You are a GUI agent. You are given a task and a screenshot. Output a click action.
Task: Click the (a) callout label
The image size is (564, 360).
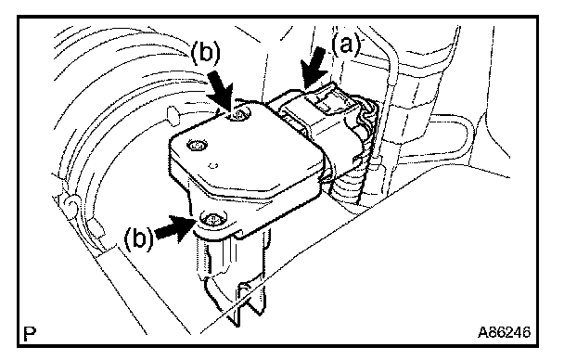pyautogui.click(x=345, y=45)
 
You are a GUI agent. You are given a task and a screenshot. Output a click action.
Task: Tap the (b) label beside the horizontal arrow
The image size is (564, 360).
pyautogui.click(x=138, y=238)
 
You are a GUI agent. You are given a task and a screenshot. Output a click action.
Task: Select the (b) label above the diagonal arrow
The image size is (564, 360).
pyautogui.click(x=205, y=54)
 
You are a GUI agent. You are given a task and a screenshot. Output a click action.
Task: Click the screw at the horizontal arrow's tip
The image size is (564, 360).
pyautogui.click(x=211, y=218)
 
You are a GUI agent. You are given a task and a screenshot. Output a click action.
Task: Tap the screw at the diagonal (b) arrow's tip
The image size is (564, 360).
pyautogui.click(x=238, y=115)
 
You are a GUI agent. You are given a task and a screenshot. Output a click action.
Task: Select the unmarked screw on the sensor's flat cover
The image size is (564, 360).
pyautogui.click(x=198, y=146)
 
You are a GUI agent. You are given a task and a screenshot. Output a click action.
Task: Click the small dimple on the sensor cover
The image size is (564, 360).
pyautogui.click(x=213, y=166)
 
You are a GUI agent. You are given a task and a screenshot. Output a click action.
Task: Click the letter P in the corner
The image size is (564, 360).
pyautogui.click(x=30, y=334)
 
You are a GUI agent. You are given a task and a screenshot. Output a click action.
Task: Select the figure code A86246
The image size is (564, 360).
pyautogui.click(x=504, y=332)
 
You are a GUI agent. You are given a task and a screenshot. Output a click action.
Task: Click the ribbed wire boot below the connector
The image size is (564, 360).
pyautogui.click(x=347, y=188)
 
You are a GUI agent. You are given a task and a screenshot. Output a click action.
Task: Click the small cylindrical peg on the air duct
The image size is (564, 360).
pyautogui.click(x=173, y=115)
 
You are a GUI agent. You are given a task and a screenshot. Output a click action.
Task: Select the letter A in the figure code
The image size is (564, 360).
pyautogui.click(x=482, y=332)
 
